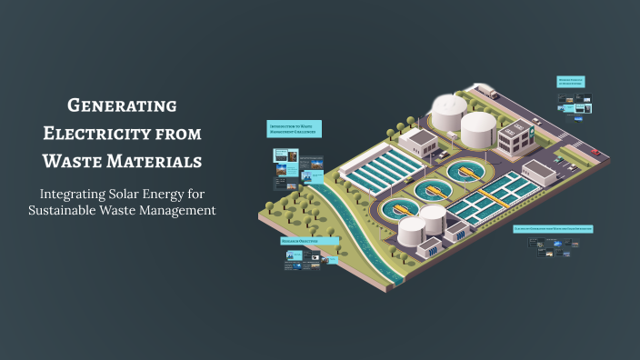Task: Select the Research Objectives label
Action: pyautogui.click(x=297, y=242)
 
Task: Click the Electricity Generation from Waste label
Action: pyautogui.click(x=553, y=229)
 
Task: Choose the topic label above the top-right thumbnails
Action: pyautogui.click(x=571, y=81)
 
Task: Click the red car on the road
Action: pyautogui.click(x=595, y=151)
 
